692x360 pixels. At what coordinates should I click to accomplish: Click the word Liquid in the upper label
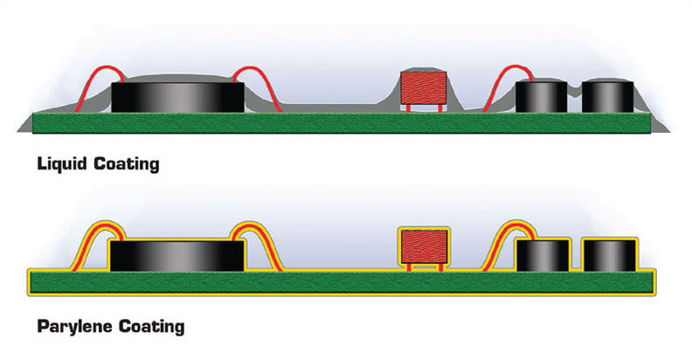[x=64, y=163]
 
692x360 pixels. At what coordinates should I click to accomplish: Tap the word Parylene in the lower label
[x=78, y=328]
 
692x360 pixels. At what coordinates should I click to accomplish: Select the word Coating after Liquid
[x=127, y=163]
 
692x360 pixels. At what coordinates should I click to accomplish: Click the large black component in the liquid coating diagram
[x=176, y=95]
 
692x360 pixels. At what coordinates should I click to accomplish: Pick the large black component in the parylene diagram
[x=176, y=254]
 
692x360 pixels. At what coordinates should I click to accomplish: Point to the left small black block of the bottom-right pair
[x=543, y=255]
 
